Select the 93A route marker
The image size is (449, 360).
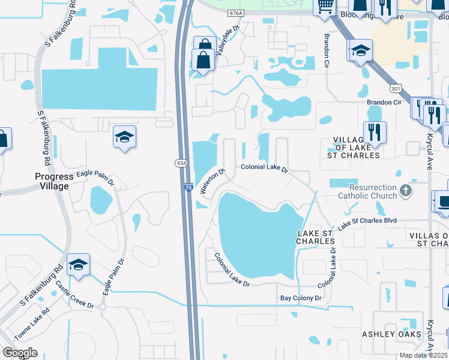coord(181,162)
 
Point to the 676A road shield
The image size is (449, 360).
coord(237,13)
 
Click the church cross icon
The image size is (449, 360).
coord(406,191)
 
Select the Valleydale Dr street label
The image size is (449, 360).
coord(228,40)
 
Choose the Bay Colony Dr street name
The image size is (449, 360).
coord(301,298)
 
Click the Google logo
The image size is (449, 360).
coord(20,353)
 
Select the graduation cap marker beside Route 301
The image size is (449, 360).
coord(360,52)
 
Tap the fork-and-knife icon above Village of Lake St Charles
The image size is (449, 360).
coord(375,131)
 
